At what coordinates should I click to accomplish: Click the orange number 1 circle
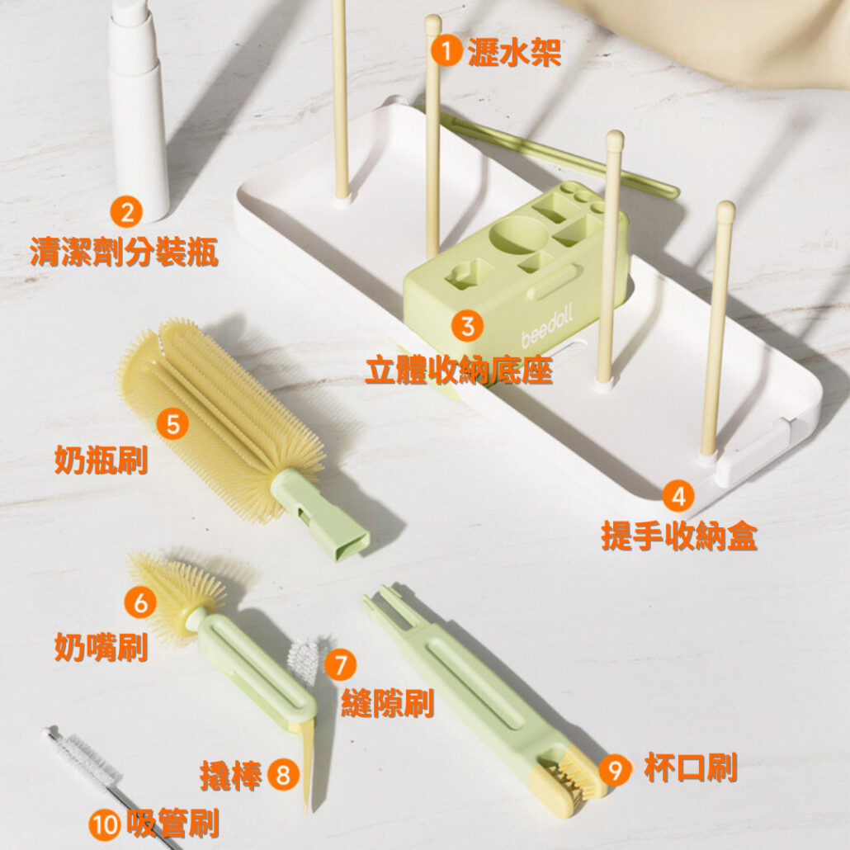click(x=446, y=51)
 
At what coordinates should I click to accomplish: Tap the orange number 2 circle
click(x=126, y=212)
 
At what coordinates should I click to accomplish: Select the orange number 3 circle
click(x=467, y=326)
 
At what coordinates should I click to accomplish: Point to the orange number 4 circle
click(x=678, y=496)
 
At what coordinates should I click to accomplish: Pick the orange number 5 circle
click(x=172, y=424)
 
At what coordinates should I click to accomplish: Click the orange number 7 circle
click(x=341, y=664)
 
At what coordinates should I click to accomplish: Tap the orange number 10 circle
click(x=105, y=825)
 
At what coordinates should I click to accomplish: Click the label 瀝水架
click(x=514, y=53)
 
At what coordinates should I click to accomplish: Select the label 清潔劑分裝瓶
click(x=124, y=252)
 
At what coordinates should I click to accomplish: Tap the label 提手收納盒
click(x=679, y=536)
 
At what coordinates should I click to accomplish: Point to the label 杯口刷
click(x=691, y=768)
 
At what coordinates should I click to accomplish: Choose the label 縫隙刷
click(x=388, y=704)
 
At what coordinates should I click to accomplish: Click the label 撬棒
click(x=231, y=775)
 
